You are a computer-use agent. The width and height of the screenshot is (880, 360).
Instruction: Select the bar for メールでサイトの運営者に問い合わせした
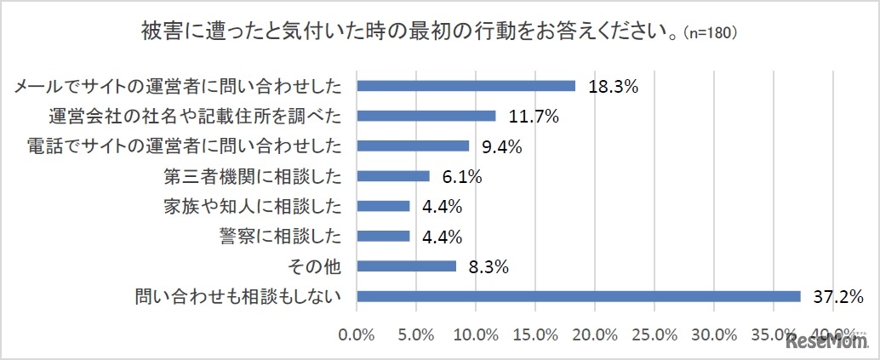pos(466,85)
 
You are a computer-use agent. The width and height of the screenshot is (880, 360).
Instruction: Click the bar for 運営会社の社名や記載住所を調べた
pos(426,116)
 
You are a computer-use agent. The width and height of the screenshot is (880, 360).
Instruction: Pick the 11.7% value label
pos(533,117)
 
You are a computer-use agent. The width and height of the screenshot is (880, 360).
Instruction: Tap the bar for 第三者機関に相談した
pos(393,176)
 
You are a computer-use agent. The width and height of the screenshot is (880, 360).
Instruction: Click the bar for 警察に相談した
pos(383,236)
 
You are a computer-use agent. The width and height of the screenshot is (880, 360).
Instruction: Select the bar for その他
pos(407,266)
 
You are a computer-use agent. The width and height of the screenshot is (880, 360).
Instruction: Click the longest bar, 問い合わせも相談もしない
pos(579,296)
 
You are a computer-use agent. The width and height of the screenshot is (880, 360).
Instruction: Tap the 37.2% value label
pos(838,297)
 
